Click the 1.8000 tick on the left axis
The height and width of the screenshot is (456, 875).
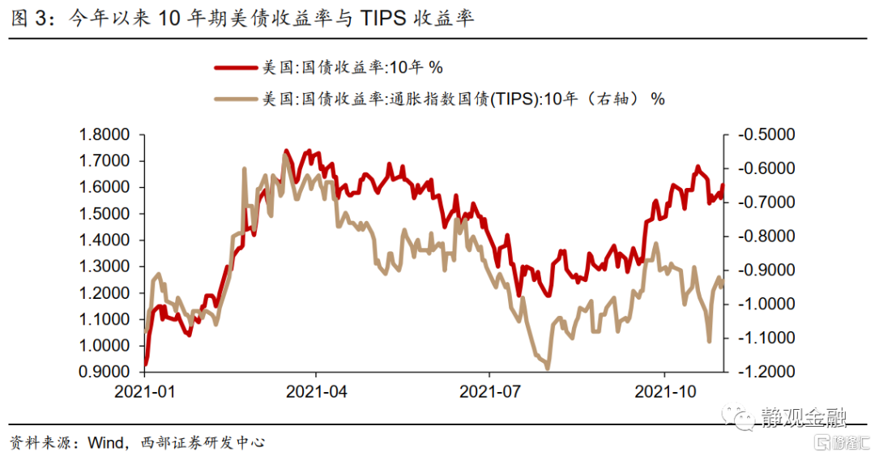point(105,134)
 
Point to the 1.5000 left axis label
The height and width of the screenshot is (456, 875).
point(105,214)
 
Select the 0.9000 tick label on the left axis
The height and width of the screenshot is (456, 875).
point(105,372)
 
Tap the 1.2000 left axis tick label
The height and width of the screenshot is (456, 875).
point(105,293)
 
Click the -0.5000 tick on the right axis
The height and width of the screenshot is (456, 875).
point(766,134)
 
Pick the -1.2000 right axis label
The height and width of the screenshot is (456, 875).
point(766,371)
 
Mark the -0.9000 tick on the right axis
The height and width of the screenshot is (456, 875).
point(766,271)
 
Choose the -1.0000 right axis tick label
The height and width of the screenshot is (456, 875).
point(766,304)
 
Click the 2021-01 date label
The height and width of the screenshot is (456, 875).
point(144,392)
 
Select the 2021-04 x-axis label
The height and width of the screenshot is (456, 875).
point(317,392)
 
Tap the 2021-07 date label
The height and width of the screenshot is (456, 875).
point(490,392)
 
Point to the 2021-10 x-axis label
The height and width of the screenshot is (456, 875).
point(665,392)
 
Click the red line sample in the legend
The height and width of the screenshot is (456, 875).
point(236,67)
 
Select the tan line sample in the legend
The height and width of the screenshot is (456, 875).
point(236,100)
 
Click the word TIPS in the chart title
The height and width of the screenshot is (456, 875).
point(383,19)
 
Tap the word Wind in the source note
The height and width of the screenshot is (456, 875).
point(106,442)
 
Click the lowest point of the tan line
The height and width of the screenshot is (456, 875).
point(548,369)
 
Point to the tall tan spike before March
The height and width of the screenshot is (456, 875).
point(245,168)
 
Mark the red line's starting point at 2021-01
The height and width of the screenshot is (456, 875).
point(146,364)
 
